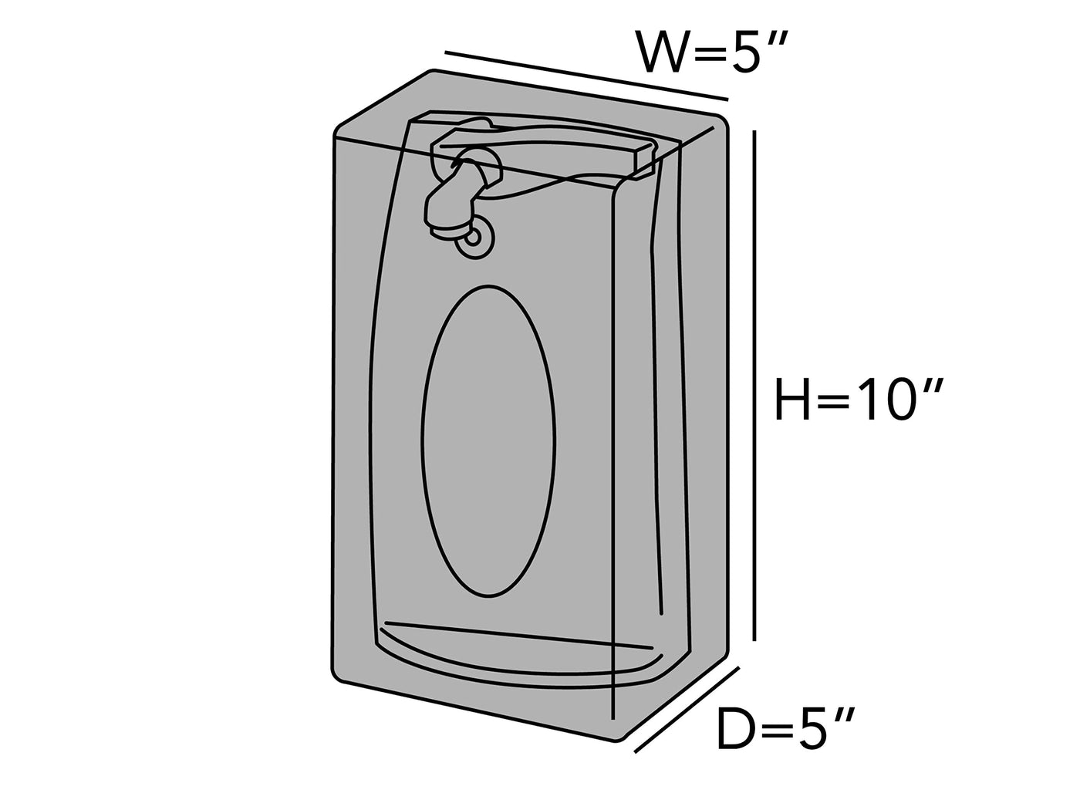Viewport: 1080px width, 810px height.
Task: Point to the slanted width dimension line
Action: click(586, 76)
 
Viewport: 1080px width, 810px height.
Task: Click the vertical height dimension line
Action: click(754, 386)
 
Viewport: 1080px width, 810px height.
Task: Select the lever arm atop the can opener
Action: click(540, 147)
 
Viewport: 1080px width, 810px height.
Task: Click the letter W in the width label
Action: click(662, 52)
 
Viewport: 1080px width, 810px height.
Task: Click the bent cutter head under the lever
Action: click(455, 197)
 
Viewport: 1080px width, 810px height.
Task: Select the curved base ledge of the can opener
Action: click(517, 660)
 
